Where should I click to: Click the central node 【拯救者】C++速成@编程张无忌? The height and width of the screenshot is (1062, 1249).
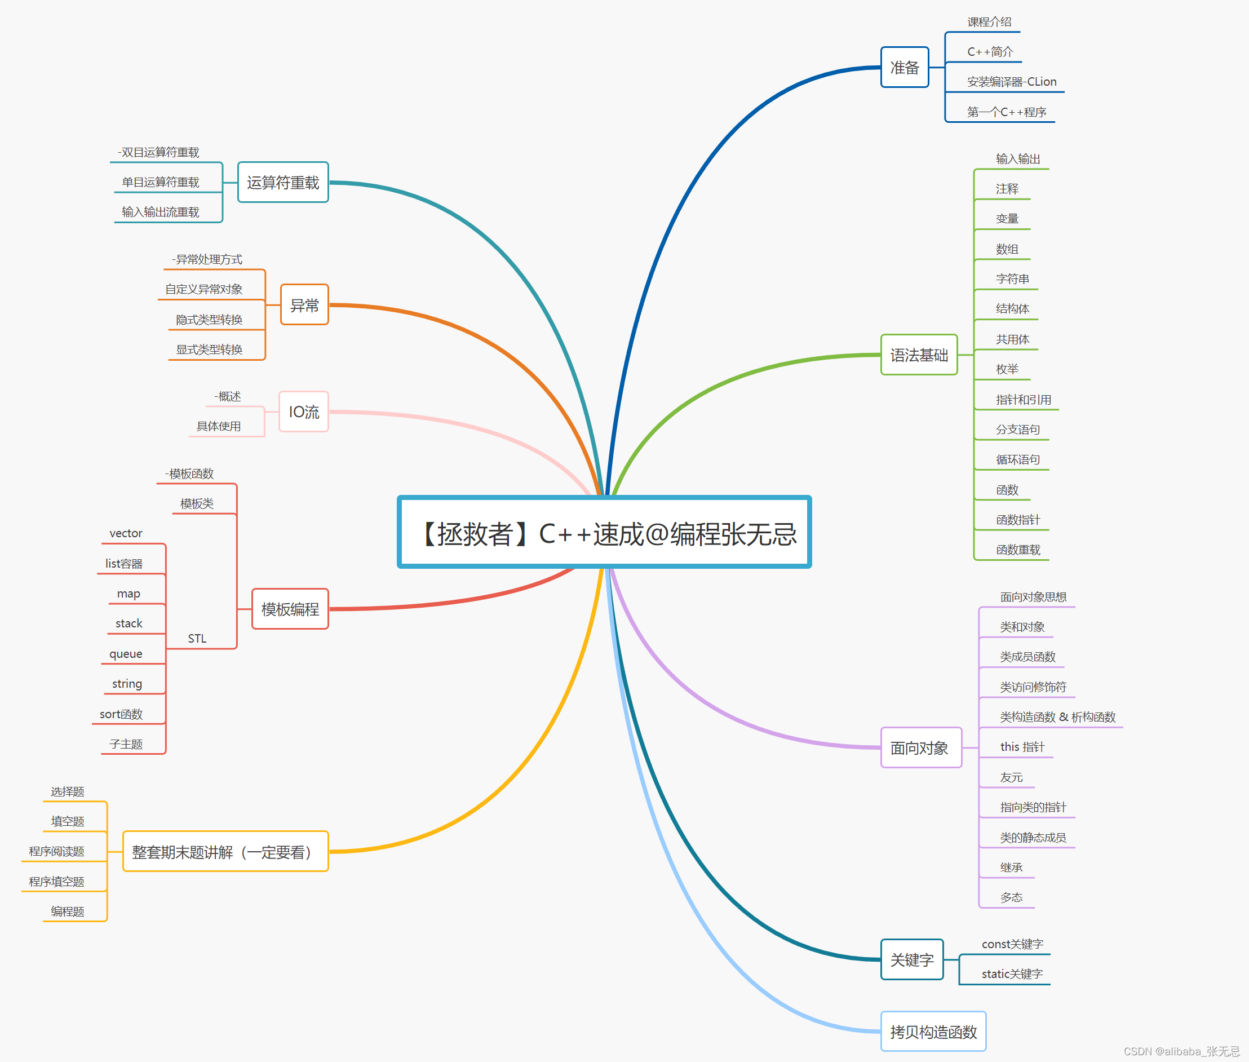point(604,532)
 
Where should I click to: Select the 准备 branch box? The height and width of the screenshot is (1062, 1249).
point(904,68)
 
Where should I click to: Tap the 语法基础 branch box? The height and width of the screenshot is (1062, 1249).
point(919,355)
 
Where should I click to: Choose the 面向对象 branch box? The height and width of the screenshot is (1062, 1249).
point(920,747)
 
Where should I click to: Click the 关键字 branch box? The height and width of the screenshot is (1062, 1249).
point(912,959)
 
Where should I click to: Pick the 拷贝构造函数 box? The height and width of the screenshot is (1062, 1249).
point(933,1032)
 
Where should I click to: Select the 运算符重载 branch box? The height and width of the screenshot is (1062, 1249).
point(283,183)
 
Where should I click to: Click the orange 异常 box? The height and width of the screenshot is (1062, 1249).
point(304,305)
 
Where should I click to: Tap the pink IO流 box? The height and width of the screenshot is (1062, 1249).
point(304,412)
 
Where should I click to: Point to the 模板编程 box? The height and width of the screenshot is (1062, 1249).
point(290,609)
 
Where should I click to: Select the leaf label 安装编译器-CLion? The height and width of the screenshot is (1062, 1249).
point(1011,82)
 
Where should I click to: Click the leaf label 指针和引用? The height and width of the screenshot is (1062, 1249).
point(1024,400)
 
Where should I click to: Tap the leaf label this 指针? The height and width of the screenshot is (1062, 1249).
point(1022,747)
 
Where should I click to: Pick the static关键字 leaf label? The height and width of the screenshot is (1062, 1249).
point(1012,974)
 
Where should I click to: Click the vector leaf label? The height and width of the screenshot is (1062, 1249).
point(126,533)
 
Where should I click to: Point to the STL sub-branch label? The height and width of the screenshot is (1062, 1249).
point(197,638)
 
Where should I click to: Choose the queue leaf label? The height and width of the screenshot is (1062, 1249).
point(126,654)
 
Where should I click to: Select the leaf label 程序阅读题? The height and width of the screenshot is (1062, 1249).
point(56,851)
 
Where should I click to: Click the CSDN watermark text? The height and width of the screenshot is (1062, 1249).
point(1181,1051)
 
